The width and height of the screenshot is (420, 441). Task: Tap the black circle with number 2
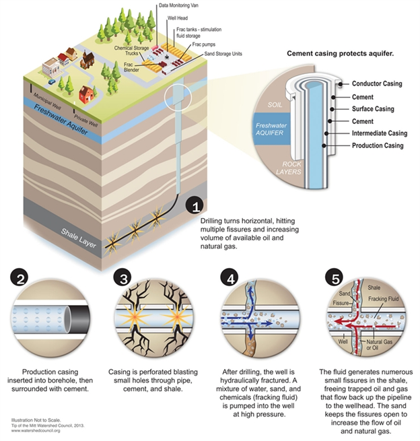[x=20, y=279]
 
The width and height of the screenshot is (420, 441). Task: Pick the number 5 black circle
[x=335, y=277]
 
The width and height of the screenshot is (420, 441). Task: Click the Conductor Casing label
[x=377, y=83]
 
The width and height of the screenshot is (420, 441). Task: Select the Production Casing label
[x=378, y=145]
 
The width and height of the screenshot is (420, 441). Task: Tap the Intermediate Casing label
[x=380, y=133]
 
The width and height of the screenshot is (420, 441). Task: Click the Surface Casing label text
[x=373, y=109]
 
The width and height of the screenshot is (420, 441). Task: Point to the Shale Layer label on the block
[x=79, y=238]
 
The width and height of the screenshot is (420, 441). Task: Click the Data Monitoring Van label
[x=178, y=5]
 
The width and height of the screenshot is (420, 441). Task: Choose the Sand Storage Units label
[x=223, y=54]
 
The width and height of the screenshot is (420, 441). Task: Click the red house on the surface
[x=87, y=94]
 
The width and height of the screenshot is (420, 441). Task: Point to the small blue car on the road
[x=52, y=81]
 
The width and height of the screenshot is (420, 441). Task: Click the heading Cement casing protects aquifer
[x=340, y=53]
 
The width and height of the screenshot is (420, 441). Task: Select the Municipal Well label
[x=47, y=102]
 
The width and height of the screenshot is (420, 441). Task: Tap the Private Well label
[x=85, y=121]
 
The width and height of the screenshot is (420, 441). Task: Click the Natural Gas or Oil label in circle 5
[x=379, y=345]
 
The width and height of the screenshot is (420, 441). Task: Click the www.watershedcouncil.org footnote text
[x=36, y=430]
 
